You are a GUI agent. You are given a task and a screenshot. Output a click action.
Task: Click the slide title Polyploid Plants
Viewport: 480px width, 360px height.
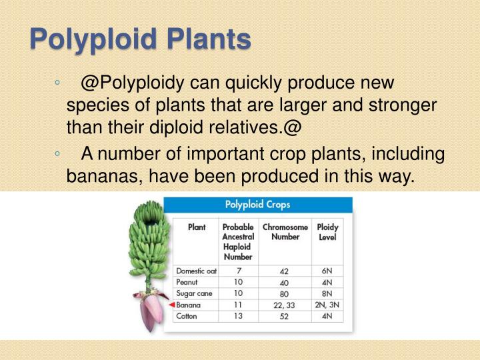141,40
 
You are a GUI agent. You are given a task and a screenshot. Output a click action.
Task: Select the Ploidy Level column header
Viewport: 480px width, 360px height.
327,232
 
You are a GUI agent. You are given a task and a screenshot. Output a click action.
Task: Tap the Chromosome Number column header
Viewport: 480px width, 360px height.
285,232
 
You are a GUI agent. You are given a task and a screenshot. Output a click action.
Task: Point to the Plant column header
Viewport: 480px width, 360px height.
197,227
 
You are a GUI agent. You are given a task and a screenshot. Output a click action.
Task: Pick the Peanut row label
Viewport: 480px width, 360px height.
188,282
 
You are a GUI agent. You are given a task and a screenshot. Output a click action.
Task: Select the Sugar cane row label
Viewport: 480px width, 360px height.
193,293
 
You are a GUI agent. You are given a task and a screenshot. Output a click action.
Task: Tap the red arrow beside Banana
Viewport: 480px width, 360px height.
171,304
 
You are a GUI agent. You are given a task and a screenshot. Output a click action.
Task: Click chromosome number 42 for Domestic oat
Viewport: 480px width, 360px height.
285,272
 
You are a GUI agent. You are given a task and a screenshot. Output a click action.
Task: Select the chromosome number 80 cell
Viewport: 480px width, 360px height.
285,293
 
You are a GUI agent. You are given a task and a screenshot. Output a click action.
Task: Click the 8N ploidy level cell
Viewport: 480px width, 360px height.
327,293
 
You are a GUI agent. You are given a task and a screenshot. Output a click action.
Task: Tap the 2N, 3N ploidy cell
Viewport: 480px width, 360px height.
327,304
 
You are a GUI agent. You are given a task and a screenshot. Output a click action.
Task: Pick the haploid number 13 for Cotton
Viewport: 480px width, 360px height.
237,315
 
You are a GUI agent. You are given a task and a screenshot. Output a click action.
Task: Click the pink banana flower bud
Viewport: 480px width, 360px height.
153,313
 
